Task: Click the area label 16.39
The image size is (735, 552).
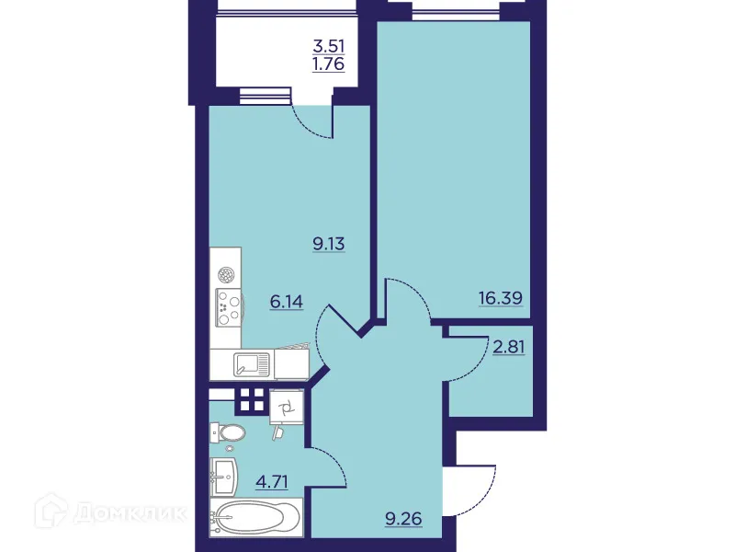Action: pos(503,297)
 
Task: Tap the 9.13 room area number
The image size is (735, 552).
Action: pos(328,245)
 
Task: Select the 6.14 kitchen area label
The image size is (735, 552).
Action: pos(286,301)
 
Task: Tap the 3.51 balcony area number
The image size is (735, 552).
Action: pos(331,46)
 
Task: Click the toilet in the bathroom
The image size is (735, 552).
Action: pos(227,432)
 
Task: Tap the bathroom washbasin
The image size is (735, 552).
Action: pos(225,475)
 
